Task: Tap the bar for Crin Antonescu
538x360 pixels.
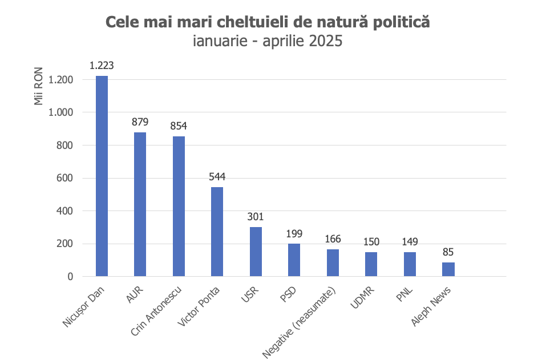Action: [x=179, y=206]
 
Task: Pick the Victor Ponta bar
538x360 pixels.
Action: [x=217, y=232]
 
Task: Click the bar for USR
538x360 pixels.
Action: [x=256, y=252]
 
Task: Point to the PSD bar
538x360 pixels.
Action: [x=294, y=260]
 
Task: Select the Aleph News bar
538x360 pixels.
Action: [x=448, y=269]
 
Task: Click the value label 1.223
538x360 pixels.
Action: [x=102, y=66]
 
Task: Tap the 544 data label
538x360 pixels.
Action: [x=217, y=177]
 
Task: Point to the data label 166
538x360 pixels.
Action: [x=333, y=239]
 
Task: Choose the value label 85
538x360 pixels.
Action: [x=448, y=252]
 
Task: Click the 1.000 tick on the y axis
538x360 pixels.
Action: [x=61, y=113]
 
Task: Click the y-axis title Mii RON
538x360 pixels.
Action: [x=39, y=87]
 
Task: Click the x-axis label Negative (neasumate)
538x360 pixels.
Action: [x=300, y=322]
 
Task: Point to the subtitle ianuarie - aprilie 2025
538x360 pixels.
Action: [x=268, y=41]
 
